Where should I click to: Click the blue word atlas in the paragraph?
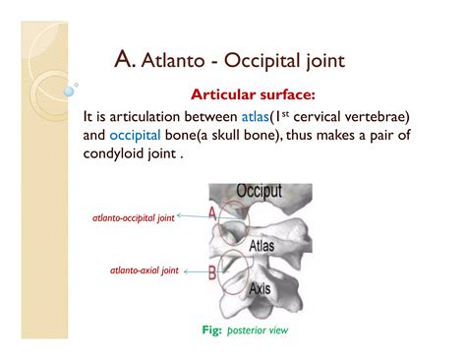[242, 117]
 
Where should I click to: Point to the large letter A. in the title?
[124, 62]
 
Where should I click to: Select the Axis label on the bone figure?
[260, 288]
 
